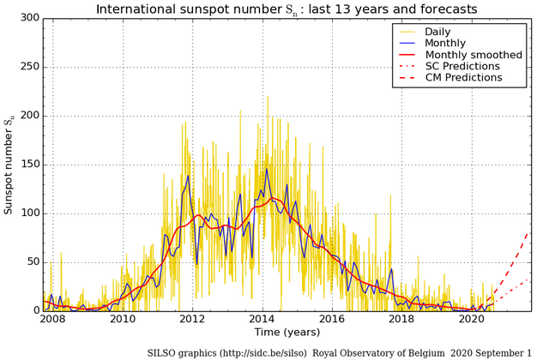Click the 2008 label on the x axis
pos(53,320)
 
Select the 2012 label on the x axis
pos(193,320)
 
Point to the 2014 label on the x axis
pos(262,320)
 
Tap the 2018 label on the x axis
pos(402,320)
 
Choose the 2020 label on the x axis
pos(472,320)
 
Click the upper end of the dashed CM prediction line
pos(529,231)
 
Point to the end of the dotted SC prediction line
pos(529,279)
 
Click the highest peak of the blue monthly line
pos(267,168)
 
